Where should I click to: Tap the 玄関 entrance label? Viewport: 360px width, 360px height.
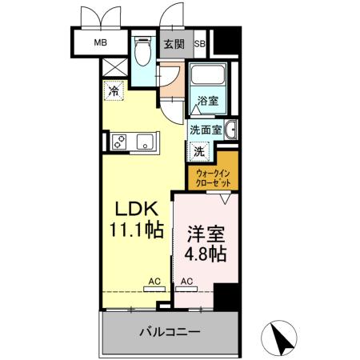point(174,43)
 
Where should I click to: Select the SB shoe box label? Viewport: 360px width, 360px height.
point(199,43)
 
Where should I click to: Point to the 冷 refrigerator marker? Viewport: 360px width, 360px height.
point(113,90)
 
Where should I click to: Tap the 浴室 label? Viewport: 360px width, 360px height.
point(208,102)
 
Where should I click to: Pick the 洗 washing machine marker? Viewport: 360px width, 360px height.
point(197,150)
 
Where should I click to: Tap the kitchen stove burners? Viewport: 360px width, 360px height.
point(120,142)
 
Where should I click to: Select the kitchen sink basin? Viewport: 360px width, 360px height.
point(146,142)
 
